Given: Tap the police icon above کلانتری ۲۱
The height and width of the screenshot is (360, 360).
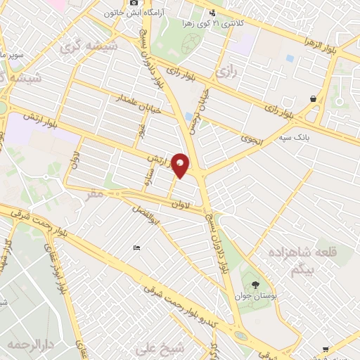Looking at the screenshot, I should [x=212, y=12].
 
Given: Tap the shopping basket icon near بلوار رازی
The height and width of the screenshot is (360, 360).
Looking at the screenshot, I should [x=311, y=101].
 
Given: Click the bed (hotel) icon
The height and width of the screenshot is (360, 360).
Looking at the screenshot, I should [x=136, y=247].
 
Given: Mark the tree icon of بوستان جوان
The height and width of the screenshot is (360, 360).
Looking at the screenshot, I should [x=255, y=285].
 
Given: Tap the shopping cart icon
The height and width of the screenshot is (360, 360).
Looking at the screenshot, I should [x=325, y=349].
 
